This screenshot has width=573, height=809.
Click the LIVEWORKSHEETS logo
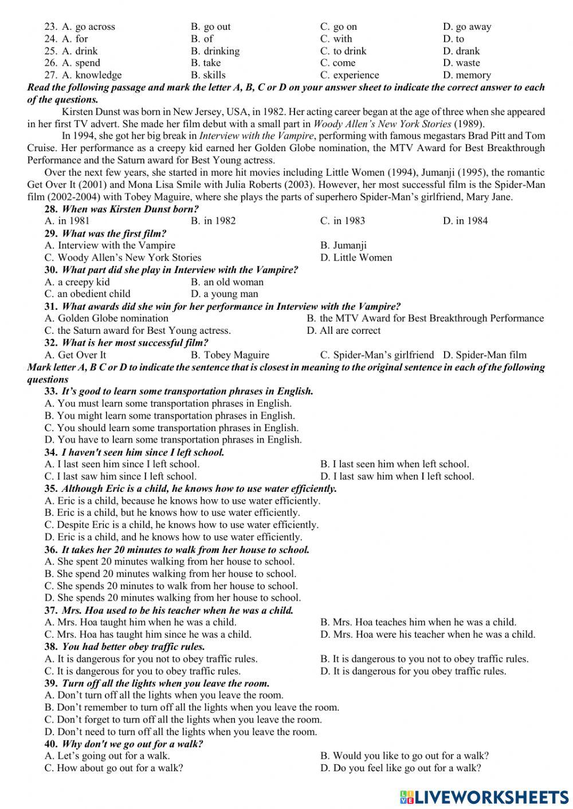pyautogui.click(x=484, y=796)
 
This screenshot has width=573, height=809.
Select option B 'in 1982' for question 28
pyautogui.click(x=213, y=221)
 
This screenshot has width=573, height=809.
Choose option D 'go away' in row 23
pyautogui.click(x=467, y=26)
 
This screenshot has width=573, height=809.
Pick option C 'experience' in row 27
pyautogui.click(x=350, y=75)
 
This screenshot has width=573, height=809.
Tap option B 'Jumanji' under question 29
pyautogui.click(x=343, y=246)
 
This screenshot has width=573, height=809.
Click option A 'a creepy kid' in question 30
pyautogui.click(x=77, y=282)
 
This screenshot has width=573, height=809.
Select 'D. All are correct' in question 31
pyautogui.click(x=344, y=330)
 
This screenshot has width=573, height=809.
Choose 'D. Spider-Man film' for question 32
pyautogui.click(x=484, y=355)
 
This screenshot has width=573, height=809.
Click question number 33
pyautogui.click(x=51, y=392)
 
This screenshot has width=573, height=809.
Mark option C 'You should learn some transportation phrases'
pyautogui.click(x=171, y=428)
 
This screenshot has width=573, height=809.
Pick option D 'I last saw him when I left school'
pyautogui.click(x=397, y=476)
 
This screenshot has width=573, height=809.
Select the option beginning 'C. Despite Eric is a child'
pyautogui.click(x=182, y=525)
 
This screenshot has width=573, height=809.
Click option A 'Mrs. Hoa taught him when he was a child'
pyautogui.click(x=140, y=622)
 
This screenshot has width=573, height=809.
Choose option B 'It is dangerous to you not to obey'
pyautogui.click(x=424, y=659)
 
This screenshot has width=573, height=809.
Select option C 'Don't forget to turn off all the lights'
pyautogui.click(x=183, y=720)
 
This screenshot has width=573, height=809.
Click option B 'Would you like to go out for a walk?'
pyautogui.click(x=405, y=756)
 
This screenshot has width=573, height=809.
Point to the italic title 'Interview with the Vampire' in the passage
pyautogui.click(x=256, y=136)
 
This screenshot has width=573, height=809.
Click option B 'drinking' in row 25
pyautogui.click(x=215, y=51)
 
